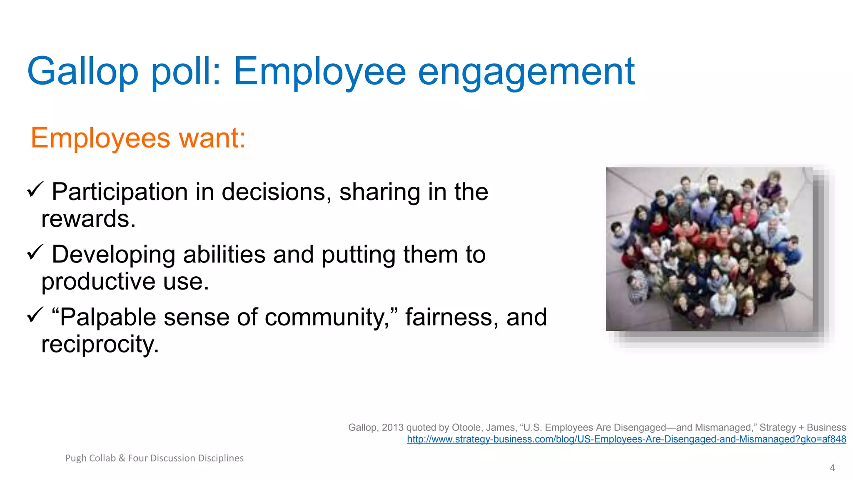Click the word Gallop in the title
(82, 72)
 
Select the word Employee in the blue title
(319, 72)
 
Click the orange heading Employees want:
(138, 138)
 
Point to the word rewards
(88, 219)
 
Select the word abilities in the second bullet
(224, 255)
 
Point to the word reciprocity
(100, 344)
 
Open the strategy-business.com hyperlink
(626, 439)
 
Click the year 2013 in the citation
(392, 427)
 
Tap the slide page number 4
(832, 468)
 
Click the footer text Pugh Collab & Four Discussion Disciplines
(154, 458)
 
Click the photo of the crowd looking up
(709, 249)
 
